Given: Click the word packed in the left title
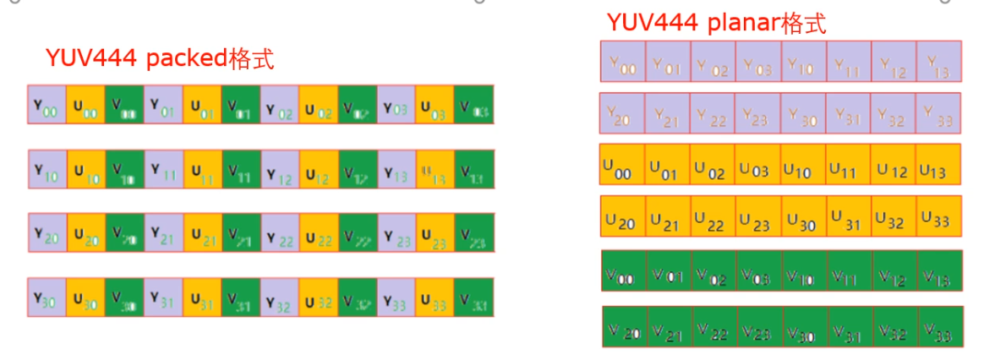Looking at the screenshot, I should (x=188, y=59).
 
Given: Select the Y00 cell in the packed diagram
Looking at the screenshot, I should (x=46, y=109).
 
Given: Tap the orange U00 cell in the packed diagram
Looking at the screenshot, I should (x=85, y=109).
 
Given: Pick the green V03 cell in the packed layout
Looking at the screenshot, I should (x=473, y=109).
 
